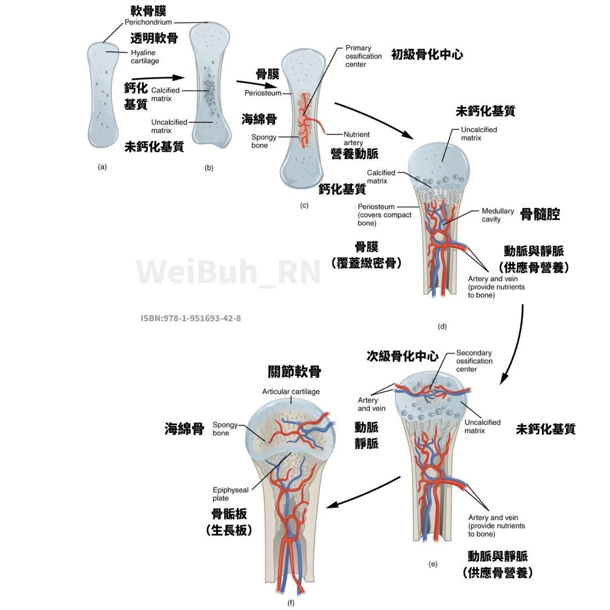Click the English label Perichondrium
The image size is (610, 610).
[x=148, y=22]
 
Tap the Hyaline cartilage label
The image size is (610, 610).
[x=144, y=57]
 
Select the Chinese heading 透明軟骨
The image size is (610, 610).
[x=154, y=38]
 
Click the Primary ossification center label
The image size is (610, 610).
[x=363, y=56]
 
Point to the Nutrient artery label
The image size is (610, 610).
[x=356, y=138]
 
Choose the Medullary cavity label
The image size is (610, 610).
[x=497, y=215]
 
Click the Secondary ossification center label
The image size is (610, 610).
[x=474, y=361]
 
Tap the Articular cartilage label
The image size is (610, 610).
[x=291, y=392]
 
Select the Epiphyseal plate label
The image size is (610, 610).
[x=230, y=494]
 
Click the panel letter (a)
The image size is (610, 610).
[x=103, y=167]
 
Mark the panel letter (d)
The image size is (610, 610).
[x=442, y=326]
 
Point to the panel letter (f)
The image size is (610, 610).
[x=291, y=603]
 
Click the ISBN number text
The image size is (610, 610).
[x=191, y=318]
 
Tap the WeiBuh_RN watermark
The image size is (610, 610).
[x=229, y=271]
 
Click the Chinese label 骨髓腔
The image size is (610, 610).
[x=539, y=215]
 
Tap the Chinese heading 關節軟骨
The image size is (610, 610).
[x=294, y=372]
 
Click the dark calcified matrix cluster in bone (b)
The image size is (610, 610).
[x=209, y=93]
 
